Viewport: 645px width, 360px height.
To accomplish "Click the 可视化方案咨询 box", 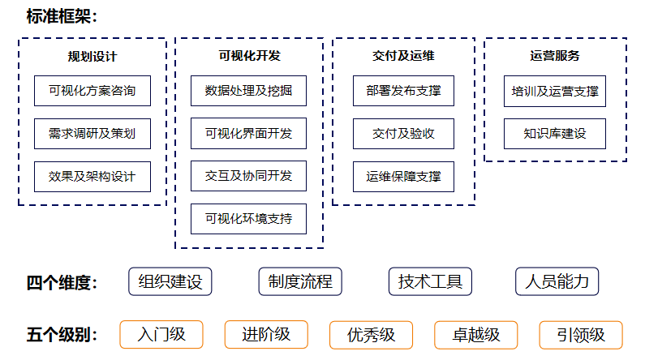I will pyautogui.click(x=92, y=91).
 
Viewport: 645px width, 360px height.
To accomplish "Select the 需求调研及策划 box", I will pyautogui.click(x=92, y=134).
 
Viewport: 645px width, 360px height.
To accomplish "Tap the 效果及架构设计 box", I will pyautogui.click(x=92, y=177).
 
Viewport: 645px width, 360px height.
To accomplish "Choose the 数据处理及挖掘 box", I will pyautogui.click(x=249, y=91).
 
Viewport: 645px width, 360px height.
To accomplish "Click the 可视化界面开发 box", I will pyautogui.click(x=249, y=133).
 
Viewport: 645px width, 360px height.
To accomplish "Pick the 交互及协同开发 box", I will pyautogui.click(x=249, y=176).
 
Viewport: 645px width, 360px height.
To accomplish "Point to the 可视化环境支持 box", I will pyautogui.click(x=249, y=219).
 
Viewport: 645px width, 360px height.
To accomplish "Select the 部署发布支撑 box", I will pyautogui.click(x=403, y=91).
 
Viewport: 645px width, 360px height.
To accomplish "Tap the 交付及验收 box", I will pyautogui.click(x=403, y=134).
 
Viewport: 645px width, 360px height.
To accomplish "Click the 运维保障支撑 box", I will pyautogui.click(x=403, y=177).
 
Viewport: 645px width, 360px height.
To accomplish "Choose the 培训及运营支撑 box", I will pyautogui.click(x=555, y=91).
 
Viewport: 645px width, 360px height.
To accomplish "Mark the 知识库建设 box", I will pyautogui.click(x=555, y=134).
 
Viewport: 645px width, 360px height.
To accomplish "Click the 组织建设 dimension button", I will pyautogui.click(x=170, y=282).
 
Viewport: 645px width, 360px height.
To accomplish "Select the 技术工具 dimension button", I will pyautogui.click(x=430, y=282).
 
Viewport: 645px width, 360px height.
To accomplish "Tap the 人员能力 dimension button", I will pyautogui.click(x=557, y=282).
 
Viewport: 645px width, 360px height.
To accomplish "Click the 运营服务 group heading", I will pyautogui.click(x=555, y=56).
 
